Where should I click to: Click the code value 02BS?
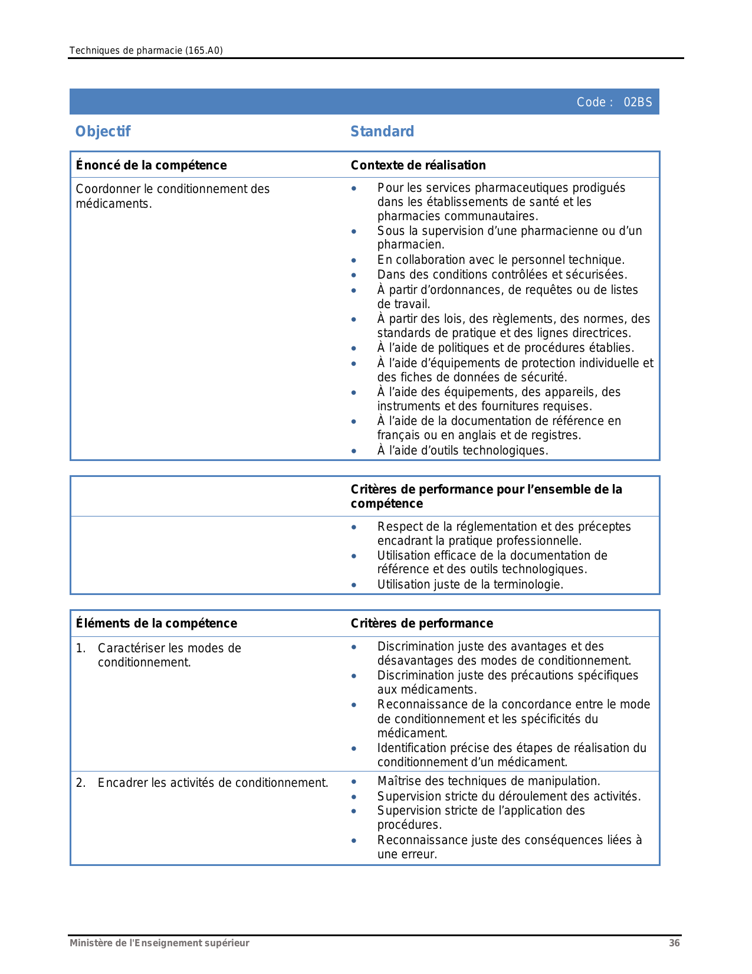[x=638, y=102]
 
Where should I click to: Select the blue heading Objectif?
[x=103, y=132]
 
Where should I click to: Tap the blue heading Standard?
[x=382, y=132]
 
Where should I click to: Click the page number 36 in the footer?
[x=674, y=943]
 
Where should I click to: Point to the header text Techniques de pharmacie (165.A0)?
[x=146, y=51]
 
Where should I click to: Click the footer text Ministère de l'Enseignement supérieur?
[x=159, y=943]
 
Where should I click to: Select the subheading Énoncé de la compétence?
[x=151, y=165]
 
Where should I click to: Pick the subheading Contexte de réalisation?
[x=418, y=165]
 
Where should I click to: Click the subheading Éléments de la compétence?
[x=156, y=623]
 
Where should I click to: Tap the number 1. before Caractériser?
[x=80, y=648]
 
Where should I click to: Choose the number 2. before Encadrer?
[x=80, y=783]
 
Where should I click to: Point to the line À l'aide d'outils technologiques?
[x=462, y=451]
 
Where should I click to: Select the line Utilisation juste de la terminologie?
[x=470, y=584]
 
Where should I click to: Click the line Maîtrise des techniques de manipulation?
[x=488, y=781]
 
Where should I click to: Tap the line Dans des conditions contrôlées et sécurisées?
[x=502, y=274]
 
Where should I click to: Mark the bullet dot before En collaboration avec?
[x=354, y=260]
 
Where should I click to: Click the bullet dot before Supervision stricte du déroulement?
[x=354, y=797]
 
